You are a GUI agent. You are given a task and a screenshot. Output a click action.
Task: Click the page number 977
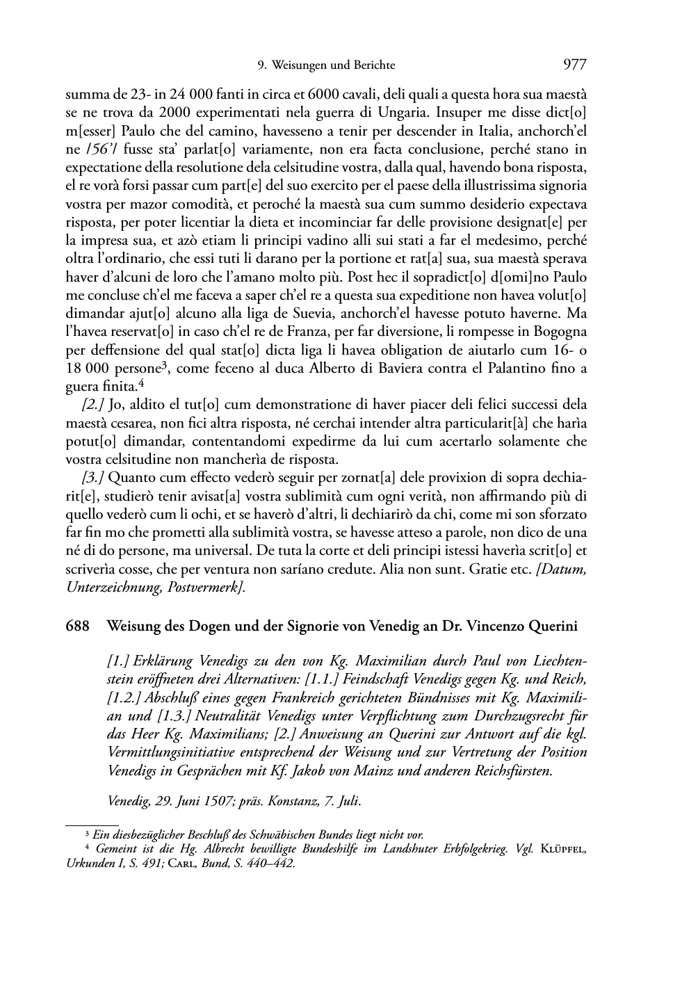pos(575,65)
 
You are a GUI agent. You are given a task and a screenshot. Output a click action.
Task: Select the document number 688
pos(77,626)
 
